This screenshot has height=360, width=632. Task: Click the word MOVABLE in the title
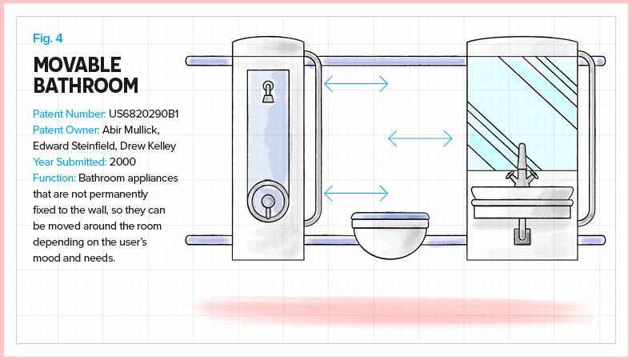77,65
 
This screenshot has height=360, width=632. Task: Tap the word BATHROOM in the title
86,86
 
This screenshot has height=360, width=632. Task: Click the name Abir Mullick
133,130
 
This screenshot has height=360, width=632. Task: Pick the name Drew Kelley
153,146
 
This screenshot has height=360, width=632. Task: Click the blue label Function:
54,178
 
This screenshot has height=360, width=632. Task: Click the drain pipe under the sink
522,234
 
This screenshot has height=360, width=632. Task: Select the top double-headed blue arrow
356,82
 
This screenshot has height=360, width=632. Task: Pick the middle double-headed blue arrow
421,139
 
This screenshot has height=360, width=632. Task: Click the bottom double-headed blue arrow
356,193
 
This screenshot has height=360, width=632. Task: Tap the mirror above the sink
522,104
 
